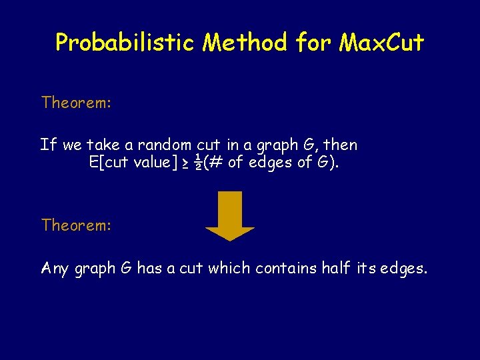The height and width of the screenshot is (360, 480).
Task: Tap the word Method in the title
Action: pos(246,43)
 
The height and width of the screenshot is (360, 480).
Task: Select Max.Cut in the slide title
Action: pos(381,43)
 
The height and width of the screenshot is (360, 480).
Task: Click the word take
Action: pos(101,145)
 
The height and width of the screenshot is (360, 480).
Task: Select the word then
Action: pos(341,145)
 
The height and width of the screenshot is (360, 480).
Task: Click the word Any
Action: pos(55,269)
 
